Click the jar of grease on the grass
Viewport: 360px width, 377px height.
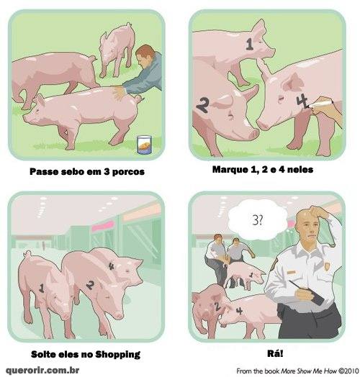click(145, 145)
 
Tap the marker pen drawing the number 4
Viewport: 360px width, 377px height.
click(320, 104)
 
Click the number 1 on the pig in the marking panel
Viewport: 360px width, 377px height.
click(250, 45)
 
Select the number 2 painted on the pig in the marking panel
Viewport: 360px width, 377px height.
click(202, 106)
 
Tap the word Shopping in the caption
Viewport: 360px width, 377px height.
click(118, 355)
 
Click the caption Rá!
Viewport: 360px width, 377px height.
click(275, 354)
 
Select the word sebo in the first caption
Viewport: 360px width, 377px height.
click(72, 172)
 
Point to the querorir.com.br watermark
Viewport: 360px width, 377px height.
click(42, 370)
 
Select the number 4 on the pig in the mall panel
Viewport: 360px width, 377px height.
click(111, 266)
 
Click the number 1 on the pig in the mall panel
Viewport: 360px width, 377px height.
click(42, 288)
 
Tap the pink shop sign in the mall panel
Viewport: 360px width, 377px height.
click(103, 226)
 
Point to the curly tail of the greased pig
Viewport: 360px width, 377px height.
click(138, 98)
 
